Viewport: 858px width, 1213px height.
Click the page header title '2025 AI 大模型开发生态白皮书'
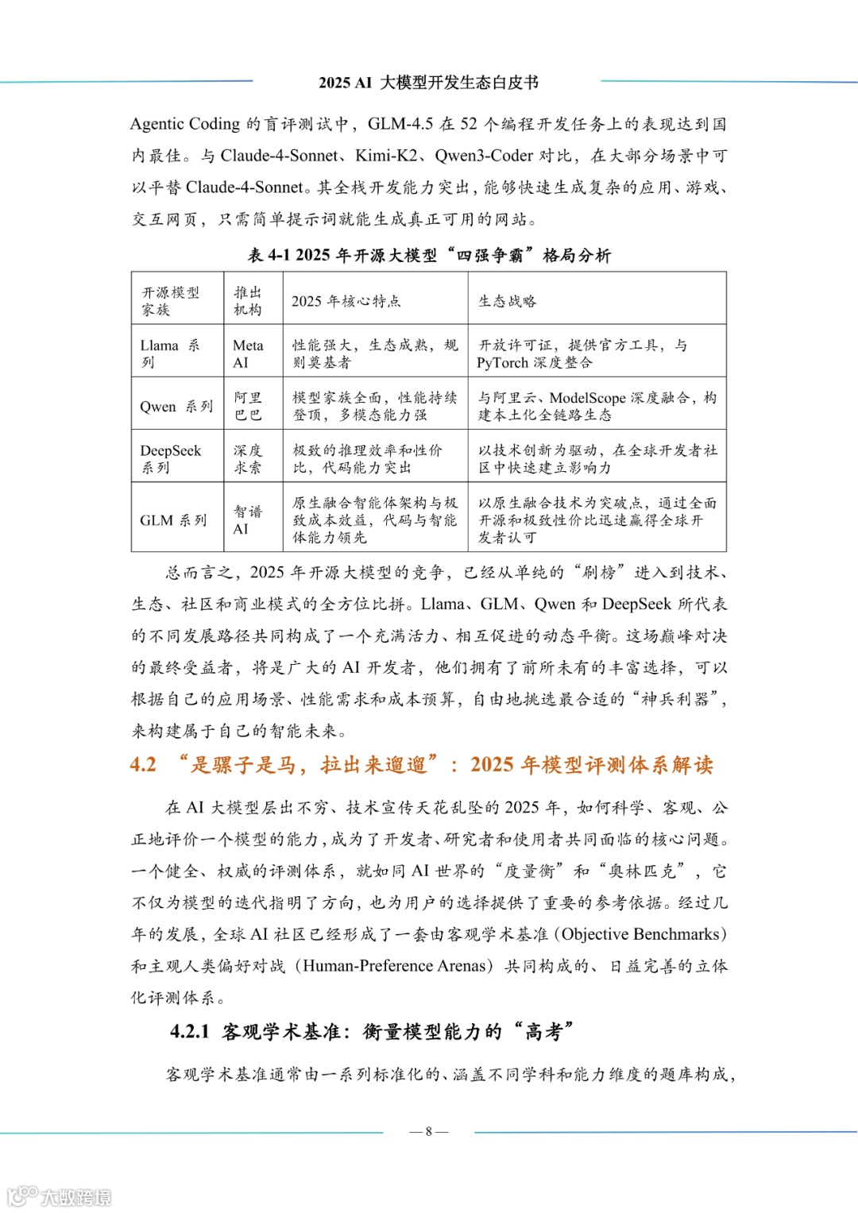[428, 83]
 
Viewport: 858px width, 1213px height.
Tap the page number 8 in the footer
[428, 1131]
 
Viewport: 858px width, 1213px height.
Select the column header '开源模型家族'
[171, 301]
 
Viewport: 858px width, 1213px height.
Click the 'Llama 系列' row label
[170, 353]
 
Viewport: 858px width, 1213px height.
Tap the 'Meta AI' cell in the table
[248, 353]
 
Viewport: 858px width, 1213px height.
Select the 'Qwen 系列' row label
[176, 407]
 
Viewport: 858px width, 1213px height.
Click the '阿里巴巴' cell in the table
[248, 406]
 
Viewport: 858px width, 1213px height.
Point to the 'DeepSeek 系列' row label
[171, 458]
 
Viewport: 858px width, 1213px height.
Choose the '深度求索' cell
[248, 458]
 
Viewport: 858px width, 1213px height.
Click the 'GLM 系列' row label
[173, 520]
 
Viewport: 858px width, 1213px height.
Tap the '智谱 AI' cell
[248, 520]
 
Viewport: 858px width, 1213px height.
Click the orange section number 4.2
[143, 765]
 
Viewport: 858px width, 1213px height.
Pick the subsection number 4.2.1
[190, 1032]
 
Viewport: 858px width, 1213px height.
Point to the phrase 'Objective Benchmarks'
[643, 934]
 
